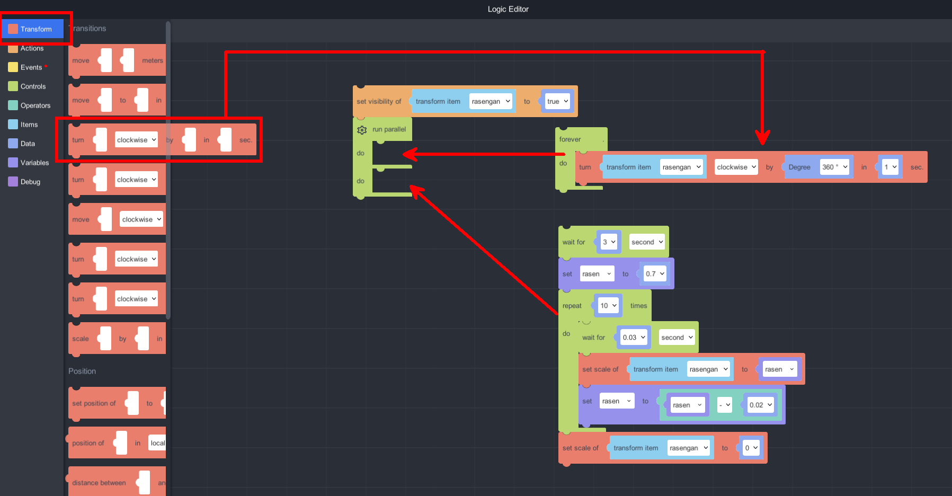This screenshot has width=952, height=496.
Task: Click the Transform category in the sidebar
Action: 35,29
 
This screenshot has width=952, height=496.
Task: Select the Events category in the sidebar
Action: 31,67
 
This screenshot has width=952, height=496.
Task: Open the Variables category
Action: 34,163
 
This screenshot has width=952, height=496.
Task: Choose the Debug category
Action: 30,182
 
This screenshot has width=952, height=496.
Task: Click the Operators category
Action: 35,105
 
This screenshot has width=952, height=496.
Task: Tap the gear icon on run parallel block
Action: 362,130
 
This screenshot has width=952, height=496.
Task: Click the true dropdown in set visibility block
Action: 557,101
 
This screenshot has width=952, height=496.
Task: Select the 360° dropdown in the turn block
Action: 834,167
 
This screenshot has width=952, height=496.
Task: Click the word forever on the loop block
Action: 570,139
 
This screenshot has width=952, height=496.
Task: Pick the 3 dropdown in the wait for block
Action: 609,242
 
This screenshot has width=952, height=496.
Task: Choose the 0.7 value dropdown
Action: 655,274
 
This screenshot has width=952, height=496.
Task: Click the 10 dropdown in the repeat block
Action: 608,306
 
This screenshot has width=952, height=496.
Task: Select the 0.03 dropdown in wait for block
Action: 634,338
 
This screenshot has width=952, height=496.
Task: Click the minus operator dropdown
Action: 724,405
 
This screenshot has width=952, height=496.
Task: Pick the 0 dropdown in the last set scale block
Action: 751,448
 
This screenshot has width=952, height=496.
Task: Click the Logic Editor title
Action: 508,9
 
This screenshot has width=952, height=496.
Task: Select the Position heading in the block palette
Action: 82,371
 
